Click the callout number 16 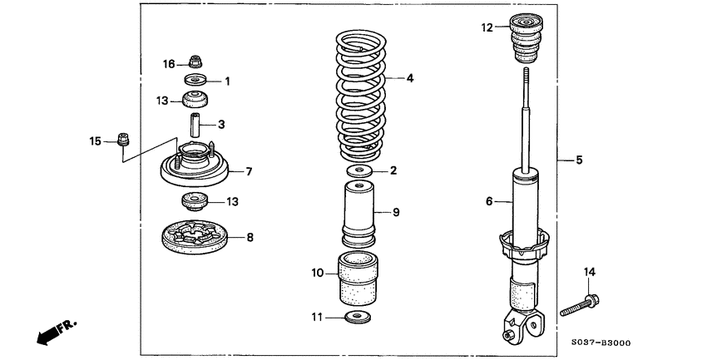point(169,63)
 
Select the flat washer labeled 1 point(195,81)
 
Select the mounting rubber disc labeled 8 point(195,236)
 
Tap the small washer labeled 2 point(359,170)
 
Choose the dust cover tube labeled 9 point(358,215)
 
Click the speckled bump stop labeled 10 point(358,281)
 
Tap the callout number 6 point(489,200)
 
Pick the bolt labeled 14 point(580,304)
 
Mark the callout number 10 point(317,272)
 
